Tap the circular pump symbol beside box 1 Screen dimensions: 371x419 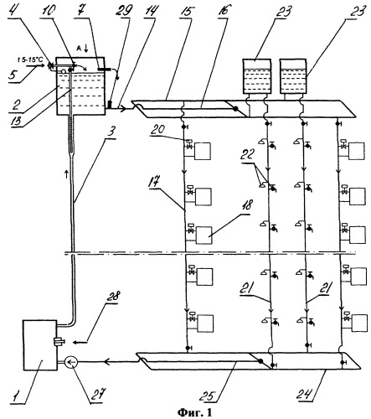pos(71,362)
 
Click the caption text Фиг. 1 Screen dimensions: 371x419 pos(195,412)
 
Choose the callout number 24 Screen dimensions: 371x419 pos(304,393)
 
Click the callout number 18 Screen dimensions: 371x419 pos(245,204)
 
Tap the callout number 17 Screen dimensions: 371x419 pos(155,182)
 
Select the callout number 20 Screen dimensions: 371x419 pos(157,129)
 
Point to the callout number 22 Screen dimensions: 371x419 pos(247,154)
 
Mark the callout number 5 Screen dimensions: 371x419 pos(13,75)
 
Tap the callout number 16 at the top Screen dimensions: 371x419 pos(222,11)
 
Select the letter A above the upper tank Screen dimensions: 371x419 pos(79,49)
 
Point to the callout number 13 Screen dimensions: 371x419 pos(17,120)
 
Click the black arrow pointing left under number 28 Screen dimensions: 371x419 pos(81,342)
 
